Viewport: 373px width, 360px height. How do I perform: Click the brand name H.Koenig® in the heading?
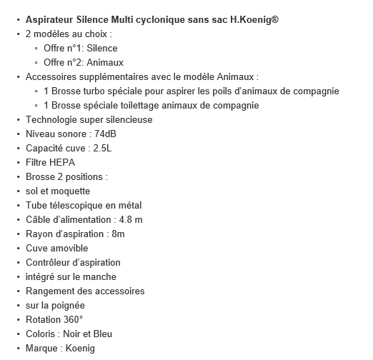(x=252, y=19)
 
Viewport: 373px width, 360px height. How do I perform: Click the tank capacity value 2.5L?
(x=106, y=148)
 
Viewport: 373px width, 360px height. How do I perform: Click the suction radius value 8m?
(x=118, y=234)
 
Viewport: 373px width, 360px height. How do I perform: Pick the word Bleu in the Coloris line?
(x=101, y=334)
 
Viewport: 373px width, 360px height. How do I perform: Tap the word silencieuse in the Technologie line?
(x=128, y=119)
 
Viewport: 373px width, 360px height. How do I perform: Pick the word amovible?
(x=69, y=248)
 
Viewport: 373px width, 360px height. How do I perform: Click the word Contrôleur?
(x=49, y=262)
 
